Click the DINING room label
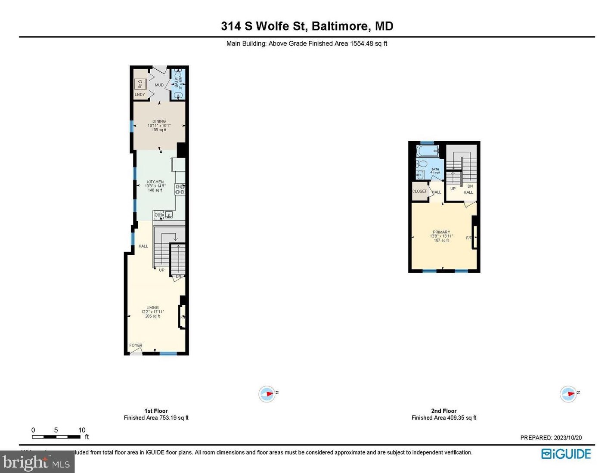coord(159,121)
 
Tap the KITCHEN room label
coord(155,182)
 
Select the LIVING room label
coord(152,308)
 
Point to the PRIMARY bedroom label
coord(441,232)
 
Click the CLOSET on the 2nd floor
coord(419,192)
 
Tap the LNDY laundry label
coord(140,95)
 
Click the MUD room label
coord(159,85)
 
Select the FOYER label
coord(136,345)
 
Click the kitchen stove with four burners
coord(180,189)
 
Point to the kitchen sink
coord(168,214)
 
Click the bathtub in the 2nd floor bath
coord(427,151)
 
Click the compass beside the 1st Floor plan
coord(267,394)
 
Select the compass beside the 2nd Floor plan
coord(568,394)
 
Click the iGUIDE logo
coord(566,454)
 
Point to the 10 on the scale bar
coord(82,430)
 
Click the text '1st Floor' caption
coord(156,411)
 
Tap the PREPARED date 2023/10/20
coord(567,438)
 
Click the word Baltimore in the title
coord(340,26)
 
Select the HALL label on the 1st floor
coord(143,246)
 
